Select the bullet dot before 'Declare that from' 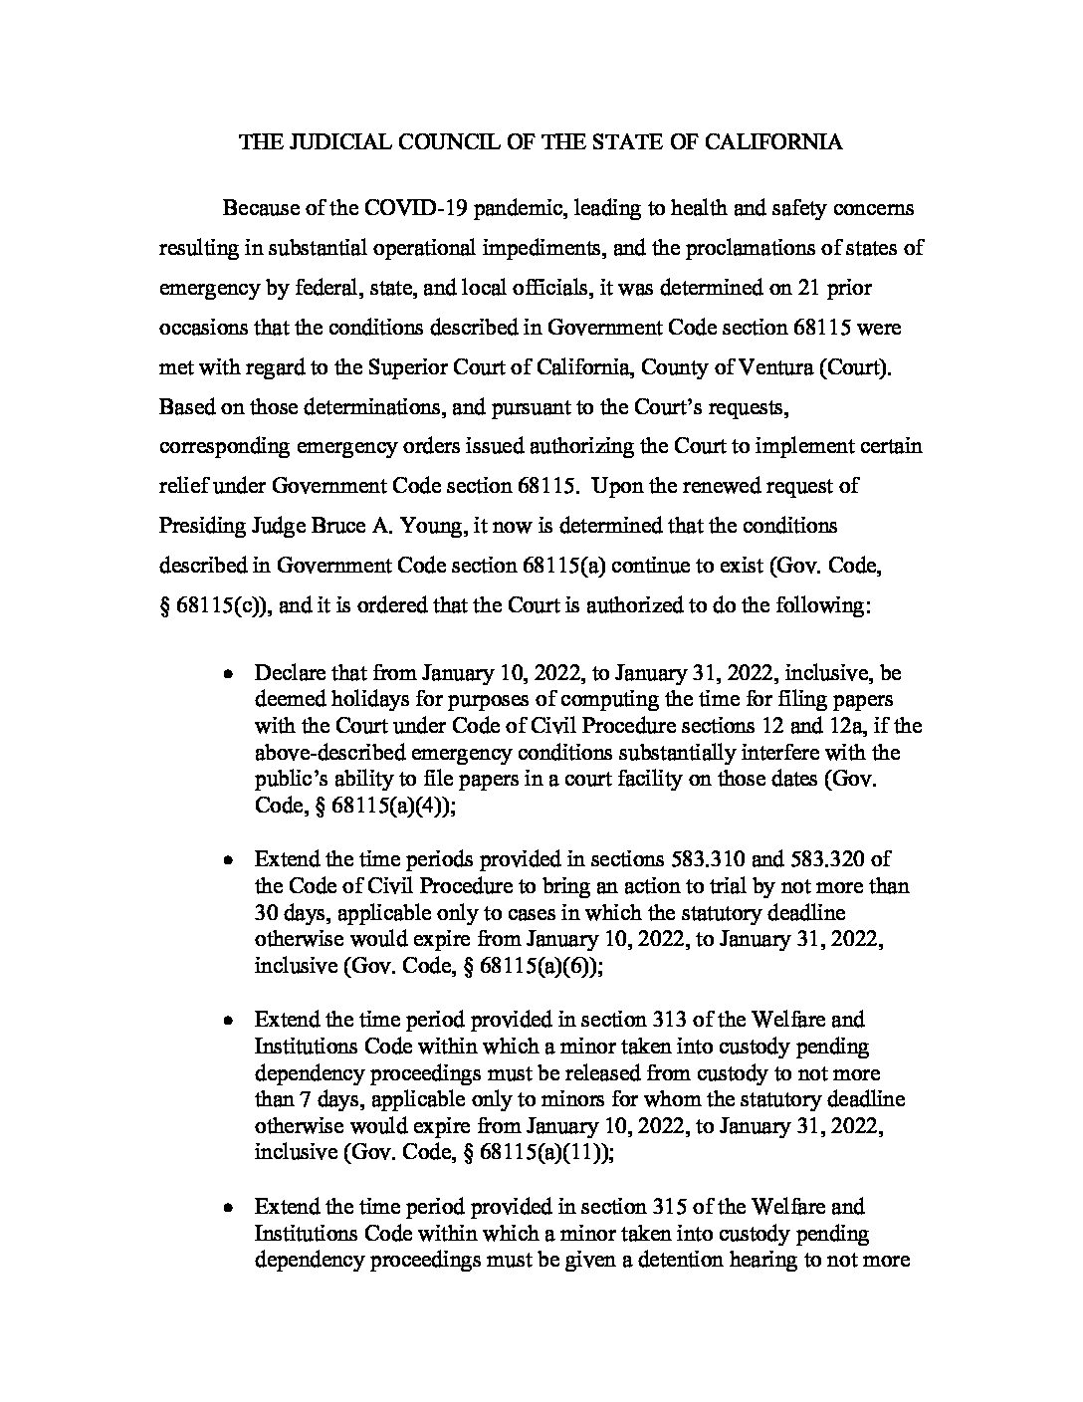click(228, 673)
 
